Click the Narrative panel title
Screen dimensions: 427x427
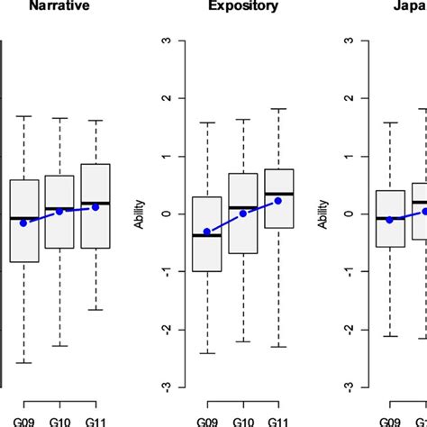(x=59, y=7)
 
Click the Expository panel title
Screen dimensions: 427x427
(x=242, y=7)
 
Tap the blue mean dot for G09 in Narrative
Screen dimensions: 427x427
(x=24, y=223)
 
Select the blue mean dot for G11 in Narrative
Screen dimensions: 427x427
(x=95, y=207)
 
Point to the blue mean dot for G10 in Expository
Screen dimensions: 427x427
(x=242, y=213)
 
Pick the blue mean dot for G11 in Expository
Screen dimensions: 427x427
(x=277, y=201)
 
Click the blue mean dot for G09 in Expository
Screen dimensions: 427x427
(x=207, y=232)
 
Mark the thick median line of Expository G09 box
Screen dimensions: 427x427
(x=207, y=235)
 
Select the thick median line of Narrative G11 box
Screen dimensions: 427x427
(x=95, y=204)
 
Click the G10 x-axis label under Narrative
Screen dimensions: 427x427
(x=59, y=419)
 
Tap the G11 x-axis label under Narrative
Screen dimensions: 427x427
(x=95, y=419)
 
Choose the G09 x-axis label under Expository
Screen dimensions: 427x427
(x=207, y=419)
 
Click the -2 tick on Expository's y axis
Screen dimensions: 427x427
(x=163, y=330)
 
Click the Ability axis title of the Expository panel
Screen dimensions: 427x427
(x=140, y=214)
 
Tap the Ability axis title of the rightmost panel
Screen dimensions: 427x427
(x=323, y=214)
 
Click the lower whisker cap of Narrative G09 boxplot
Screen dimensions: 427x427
(x=24, y=363)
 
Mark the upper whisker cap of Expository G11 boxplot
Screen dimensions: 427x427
(x=277, y=109)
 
